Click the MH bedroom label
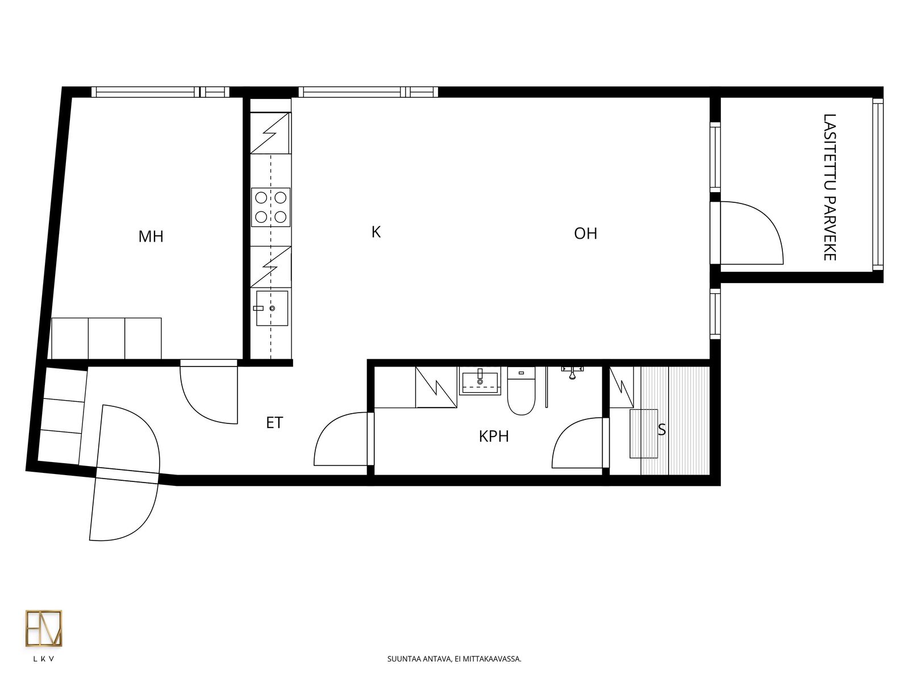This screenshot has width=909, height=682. [151, 236]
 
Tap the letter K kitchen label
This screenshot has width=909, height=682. [376, 232]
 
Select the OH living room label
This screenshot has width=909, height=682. [585, 234]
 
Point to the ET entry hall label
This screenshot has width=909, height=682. [274, 423]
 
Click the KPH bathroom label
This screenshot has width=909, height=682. [494, 436]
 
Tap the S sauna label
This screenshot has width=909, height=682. [662, 430]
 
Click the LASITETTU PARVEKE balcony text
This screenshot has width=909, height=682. [829, 187]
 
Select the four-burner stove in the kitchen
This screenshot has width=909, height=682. [270, 207]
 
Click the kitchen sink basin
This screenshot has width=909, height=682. [272, 308]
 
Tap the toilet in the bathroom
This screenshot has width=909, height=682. [521, 391]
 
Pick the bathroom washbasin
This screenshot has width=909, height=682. [479, 381]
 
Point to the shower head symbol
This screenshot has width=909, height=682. [572, 372]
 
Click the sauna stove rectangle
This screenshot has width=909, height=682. [644, 434]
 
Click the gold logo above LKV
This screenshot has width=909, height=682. [44, 628]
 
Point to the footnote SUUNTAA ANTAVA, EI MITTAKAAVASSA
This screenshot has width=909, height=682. [454, 659]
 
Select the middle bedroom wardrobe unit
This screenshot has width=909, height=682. [106, 338]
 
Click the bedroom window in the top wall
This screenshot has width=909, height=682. [160, 92]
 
